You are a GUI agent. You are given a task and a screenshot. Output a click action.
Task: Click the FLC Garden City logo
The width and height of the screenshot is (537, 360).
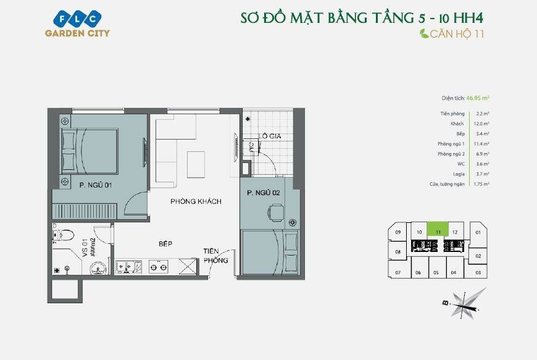77,23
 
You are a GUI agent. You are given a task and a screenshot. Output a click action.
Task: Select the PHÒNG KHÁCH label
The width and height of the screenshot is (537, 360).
196,202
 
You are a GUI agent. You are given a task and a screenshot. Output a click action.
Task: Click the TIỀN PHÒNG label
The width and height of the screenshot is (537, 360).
216,256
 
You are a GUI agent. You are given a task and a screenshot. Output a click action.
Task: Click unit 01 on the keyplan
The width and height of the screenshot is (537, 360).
478,233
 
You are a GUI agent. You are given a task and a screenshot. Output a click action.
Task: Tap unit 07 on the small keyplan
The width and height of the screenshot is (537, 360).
398,272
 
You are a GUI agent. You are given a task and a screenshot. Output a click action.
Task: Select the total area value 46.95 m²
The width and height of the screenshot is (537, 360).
478,98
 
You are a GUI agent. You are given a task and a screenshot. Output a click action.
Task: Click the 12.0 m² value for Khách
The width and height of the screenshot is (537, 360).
481,124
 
